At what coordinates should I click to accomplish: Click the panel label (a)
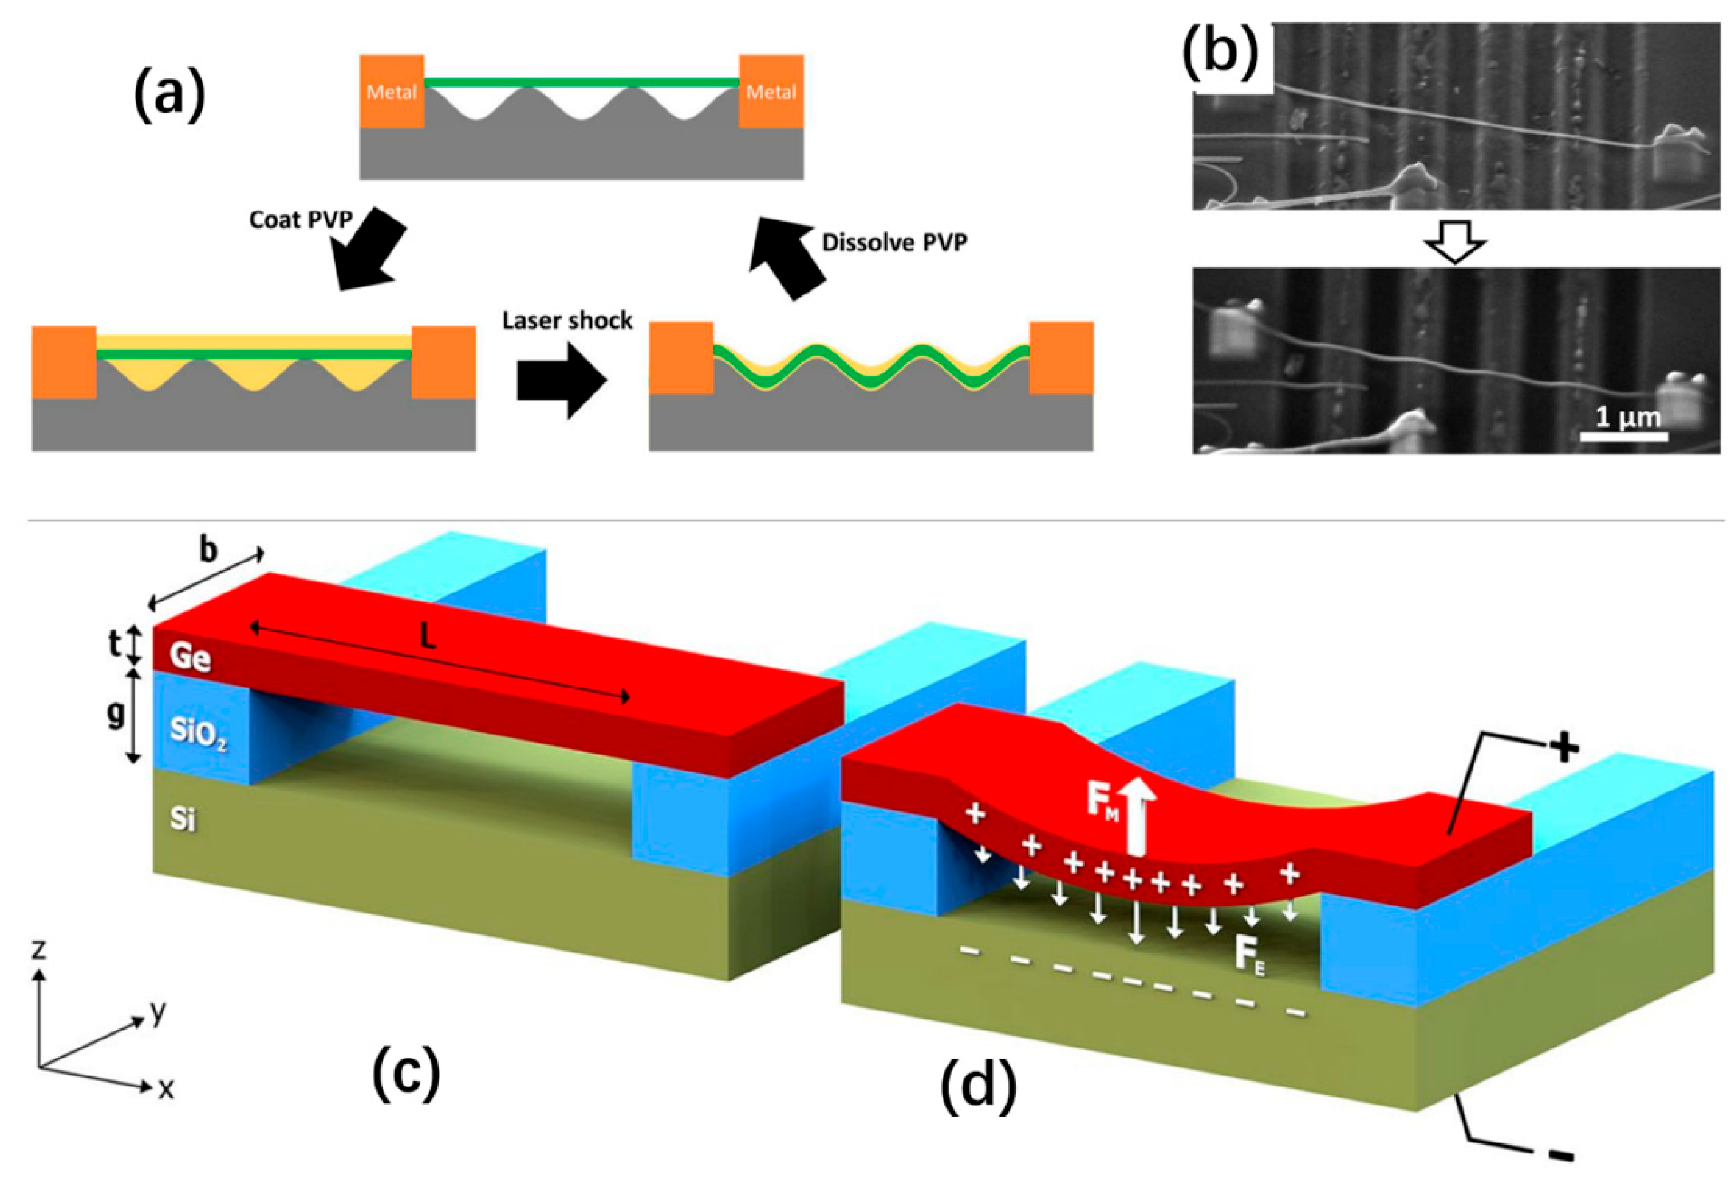pyautogui.click(x=169, y=98)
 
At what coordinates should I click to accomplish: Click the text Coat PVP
pyautogui.click(x=300, y=219)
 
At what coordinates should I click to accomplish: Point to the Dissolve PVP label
pyautogui.click(x=894, y=243)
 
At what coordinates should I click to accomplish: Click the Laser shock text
pyautogui.click(x=567, y=321)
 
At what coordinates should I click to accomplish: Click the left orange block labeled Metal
pyautogui.click(x=391, y=91)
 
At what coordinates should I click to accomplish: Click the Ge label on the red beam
pyautogui.click(x=190, y=657)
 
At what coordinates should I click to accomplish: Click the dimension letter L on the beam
pyautogui.click(x=427, y=637)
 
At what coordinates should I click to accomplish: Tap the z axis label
pyautogui.click(x=39, y=950)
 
